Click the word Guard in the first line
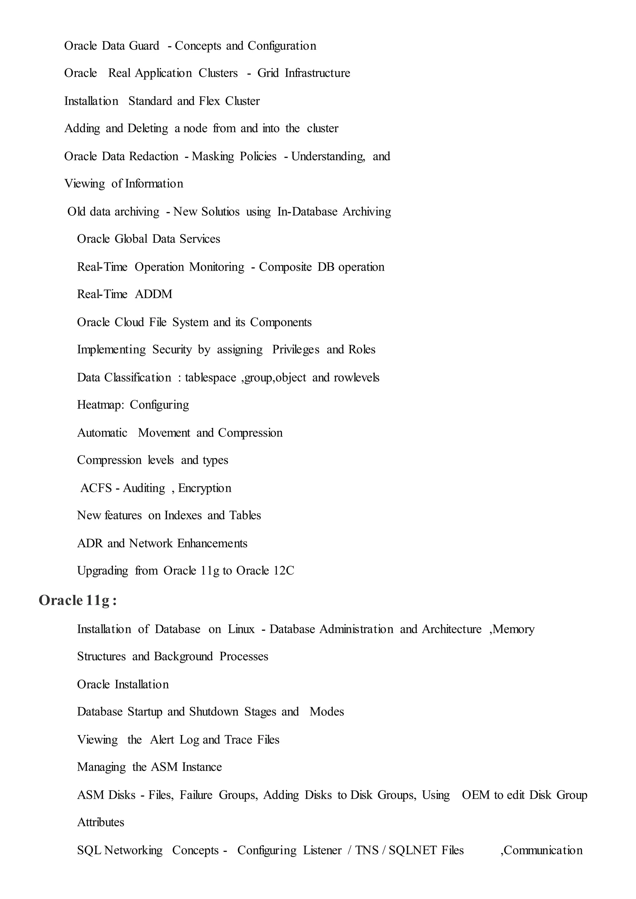144,46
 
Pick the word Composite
285,267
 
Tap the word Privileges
296,350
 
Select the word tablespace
210,378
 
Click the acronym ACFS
96,488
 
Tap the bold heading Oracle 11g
78,600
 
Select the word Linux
241,629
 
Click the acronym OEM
475,795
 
